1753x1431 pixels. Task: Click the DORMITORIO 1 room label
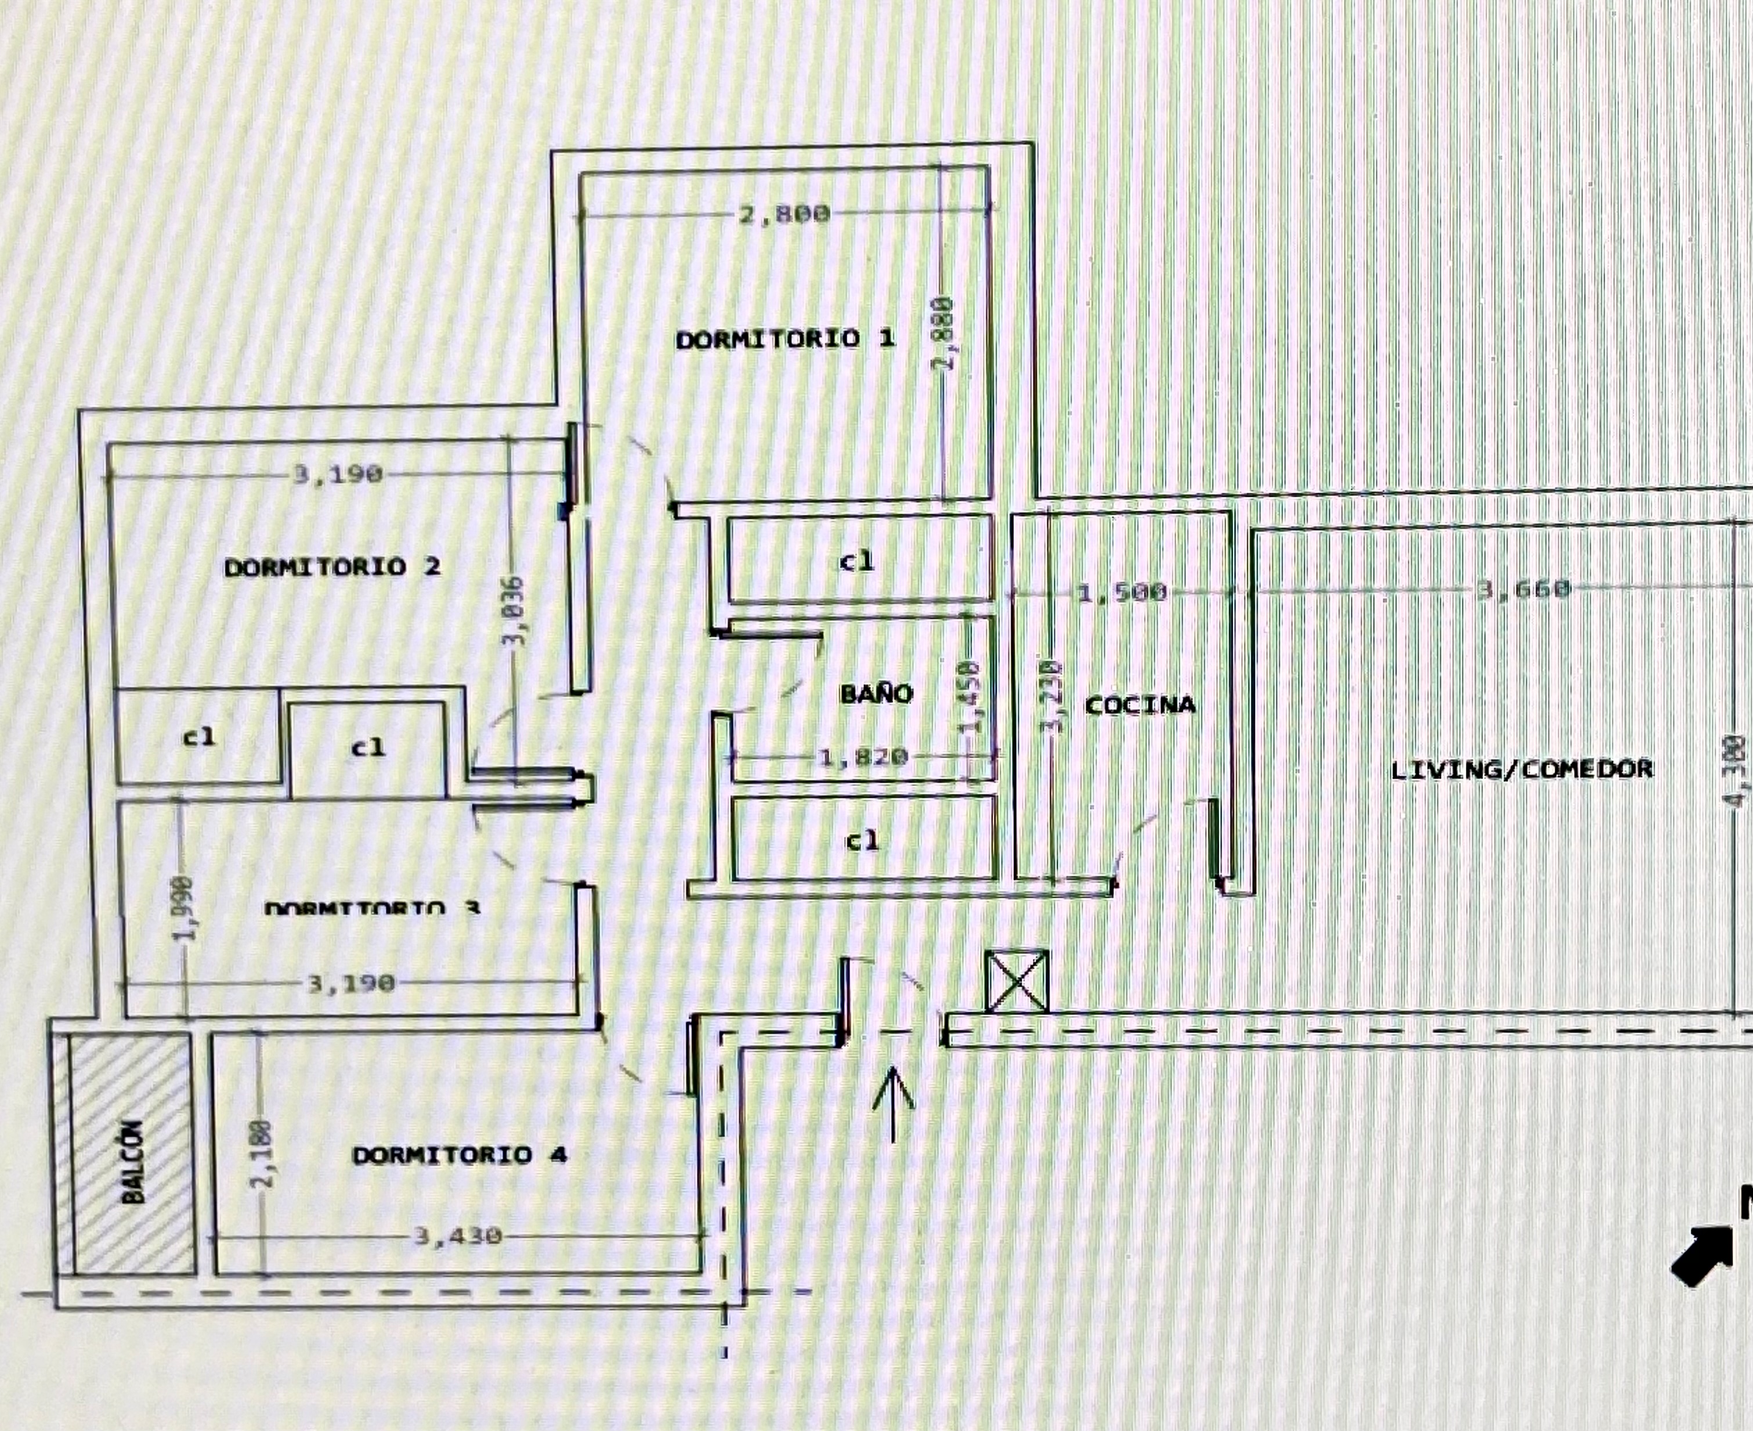(x=785, y=339)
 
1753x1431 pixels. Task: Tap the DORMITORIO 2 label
(x=332, y=567)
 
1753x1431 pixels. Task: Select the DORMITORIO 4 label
(x=459, y=1155)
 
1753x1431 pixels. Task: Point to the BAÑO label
(x=876, y=693)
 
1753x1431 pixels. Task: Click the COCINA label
(x=1140, y=705)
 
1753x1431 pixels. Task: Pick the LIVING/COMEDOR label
(x=1521, y=769)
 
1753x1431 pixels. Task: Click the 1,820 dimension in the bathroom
(x=863, y=756)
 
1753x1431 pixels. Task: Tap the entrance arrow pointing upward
(x=894, y=1104)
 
